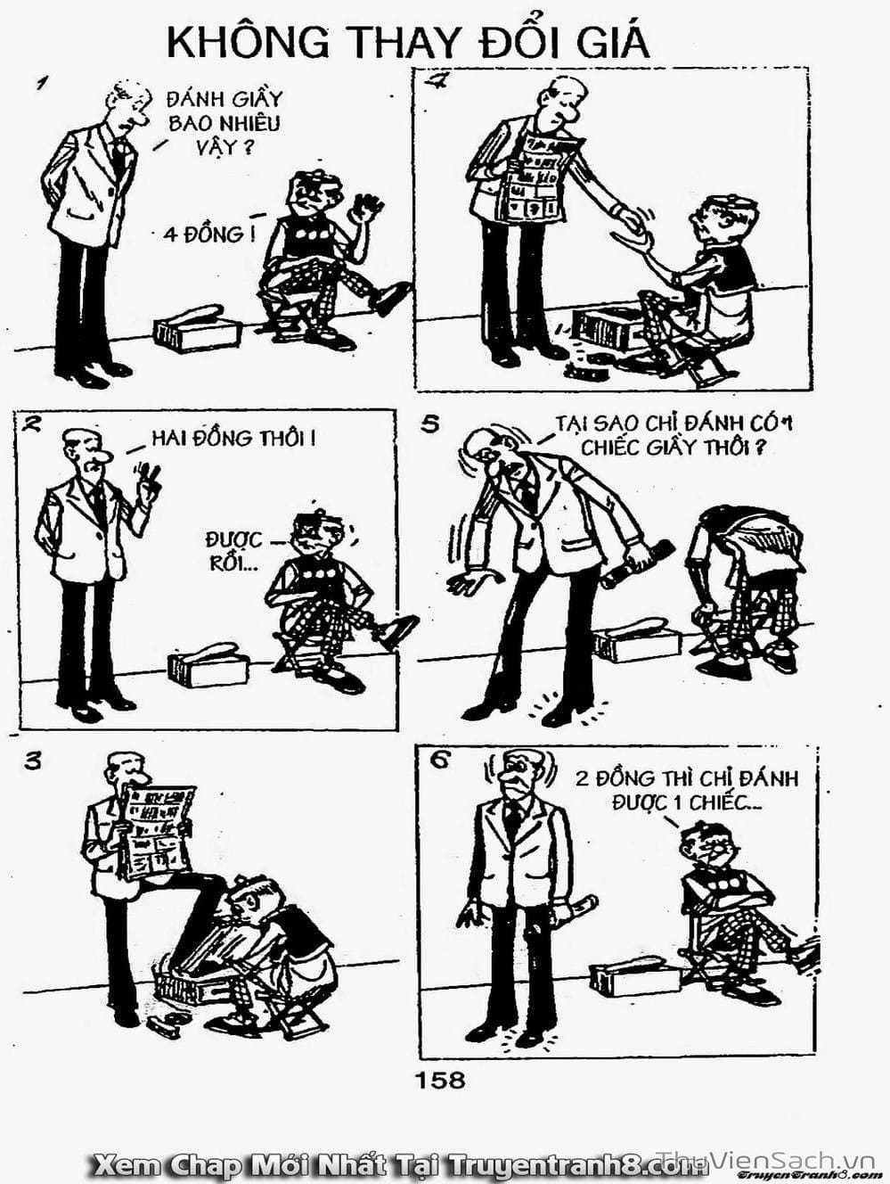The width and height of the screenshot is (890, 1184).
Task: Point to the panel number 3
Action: coord(32,761)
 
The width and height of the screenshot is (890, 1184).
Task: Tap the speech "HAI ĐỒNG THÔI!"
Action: coord(233,438)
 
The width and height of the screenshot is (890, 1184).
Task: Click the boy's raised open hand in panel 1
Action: coord(367,209)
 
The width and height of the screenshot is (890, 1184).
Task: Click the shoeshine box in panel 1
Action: coord(197,328)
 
